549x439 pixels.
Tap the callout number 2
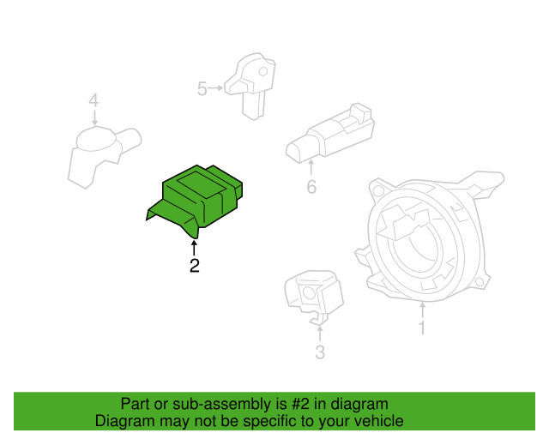coord(195,266)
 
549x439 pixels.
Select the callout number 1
coord(422,328)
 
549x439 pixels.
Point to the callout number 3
coord(319,352)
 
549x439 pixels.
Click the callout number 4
coord(94,102)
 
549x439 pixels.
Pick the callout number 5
coord(202,88)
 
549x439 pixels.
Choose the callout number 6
coord(311,186)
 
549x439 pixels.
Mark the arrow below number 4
coord(94,119)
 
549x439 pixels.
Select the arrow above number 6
coord(311,168)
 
